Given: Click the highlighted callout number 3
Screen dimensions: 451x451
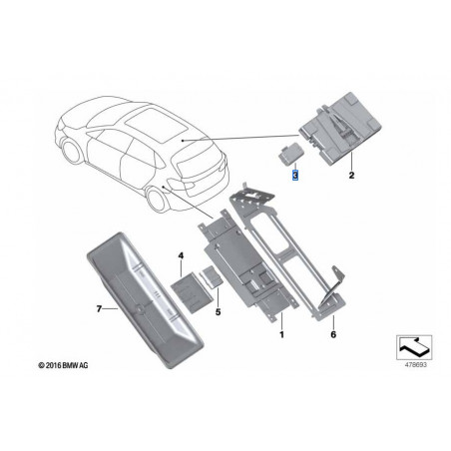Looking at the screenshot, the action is (x=295, y=175).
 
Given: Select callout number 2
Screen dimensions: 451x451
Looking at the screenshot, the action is (x=351, y=175).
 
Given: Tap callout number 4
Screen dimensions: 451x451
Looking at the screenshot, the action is (x=181, y=255).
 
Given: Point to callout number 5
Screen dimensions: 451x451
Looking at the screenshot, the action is (x=218, y=312).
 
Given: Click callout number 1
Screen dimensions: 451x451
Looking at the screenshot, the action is (x=281, y=334).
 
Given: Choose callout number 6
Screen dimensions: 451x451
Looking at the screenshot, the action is (x=333, y=334).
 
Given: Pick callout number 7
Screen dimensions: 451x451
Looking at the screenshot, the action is (x=99, y=309).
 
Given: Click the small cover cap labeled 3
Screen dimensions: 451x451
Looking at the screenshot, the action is (x=288, y=153).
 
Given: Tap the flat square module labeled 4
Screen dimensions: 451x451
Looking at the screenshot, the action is (x=192, y=291).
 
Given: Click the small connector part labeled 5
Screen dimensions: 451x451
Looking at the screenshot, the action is (x=212, y=275).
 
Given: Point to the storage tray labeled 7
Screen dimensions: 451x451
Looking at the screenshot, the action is (x=145, y=300).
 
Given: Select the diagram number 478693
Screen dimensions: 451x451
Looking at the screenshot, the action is (x=415, y=365).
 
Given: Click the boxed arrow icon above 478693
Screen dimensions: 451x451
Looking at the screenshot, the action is (x=414, y=347).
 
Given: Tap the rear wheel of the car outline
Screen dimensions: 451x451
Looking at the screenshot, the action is (x=157, y=200).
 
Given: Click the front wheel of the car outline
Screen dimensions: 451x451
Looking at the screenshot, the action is (x=72, y=152).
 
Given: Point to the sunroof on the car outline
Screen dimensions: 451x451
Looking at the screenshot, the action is (x=156, y=125).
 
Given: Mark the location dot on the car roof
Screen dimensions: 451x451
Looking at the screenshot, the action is (x=183, y=141).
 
